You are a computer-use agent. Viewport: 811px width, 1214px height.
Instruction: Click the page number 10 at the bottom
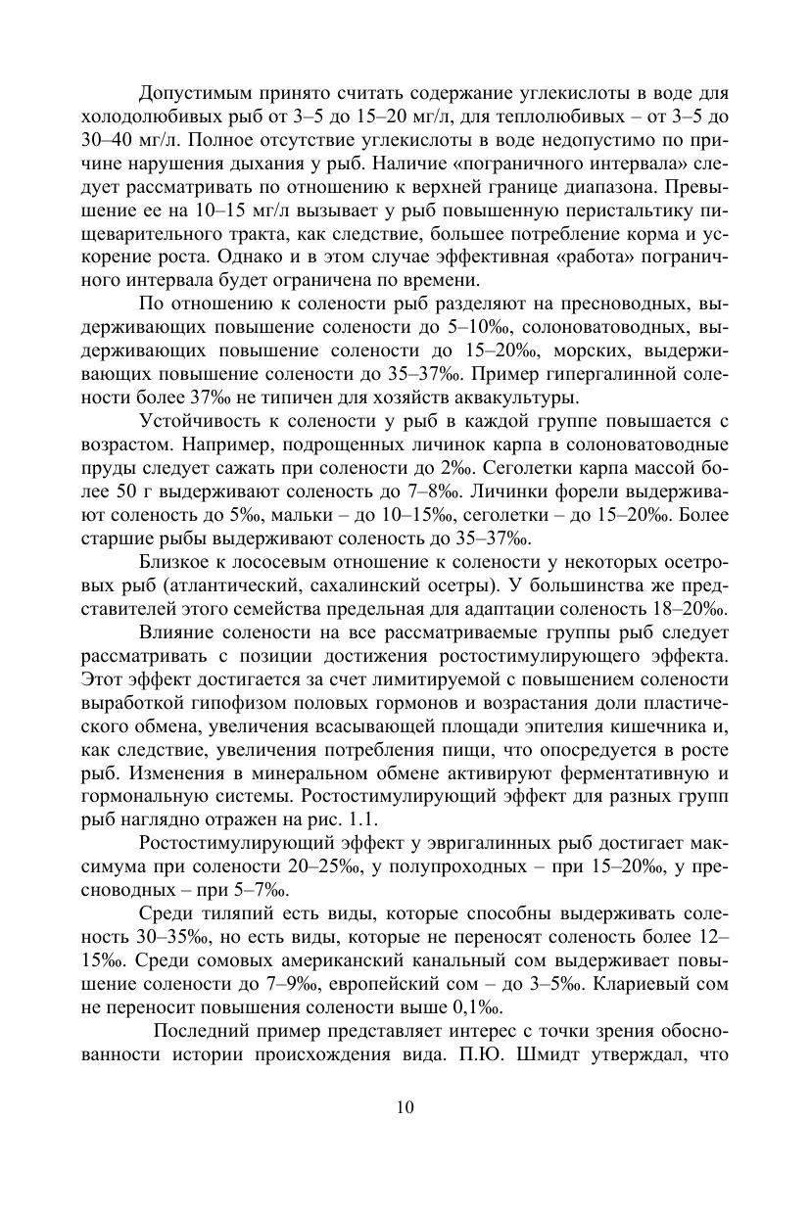pos(405,1107)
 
